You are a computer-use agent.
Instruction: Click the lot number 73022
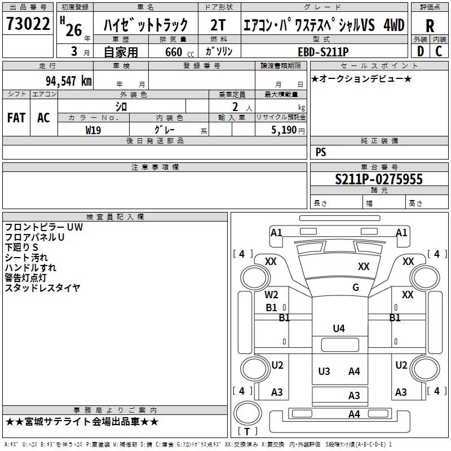point(28,23)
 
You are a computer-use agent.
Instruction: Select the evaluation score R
point(430,26)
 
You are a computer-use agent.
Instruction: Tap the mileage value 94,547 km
point(68,81)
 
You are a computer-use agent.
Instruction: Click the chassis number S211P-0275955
point(379,179)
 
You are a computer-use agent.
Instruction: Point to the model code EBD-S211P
point(323,52)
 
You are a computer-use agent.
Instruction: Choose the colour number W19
point(93,130)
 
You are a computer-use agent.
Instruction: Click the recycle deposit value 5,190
point(284,130)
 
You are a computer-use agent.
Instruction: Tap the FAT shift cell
point(16,118)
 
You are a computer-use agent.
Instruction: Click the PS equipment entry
point(321,152)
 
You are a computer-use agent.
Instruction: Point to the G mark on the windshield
point(356,287)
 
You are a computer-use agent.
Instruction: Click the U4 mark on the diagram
point(339,328)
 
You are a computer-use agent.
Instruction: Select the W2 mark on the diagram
point(271,294)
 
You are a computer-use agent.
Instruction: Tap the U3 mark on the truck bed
point(324,372)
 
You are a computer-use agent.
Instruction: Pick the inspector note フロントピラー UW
point(44,227)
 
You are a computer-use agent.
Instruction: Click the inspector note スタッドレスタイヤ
point(43,288)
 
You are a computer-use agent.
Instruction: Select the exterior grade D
point(421,51)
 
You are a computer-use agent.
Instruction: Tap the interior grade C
point(439,51)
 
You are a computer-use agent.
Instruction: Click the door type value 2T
point(218,25)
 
